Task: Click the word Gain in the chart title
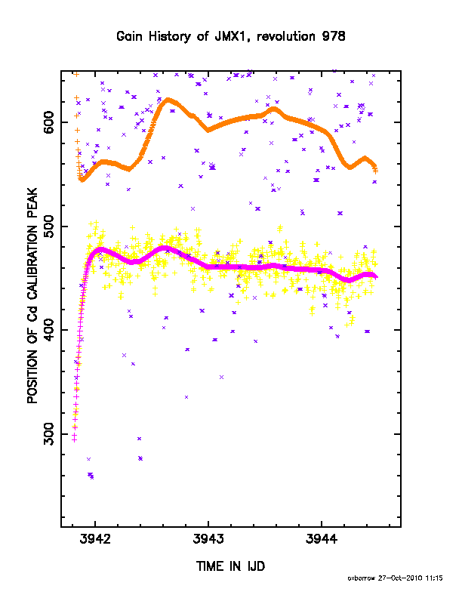click(x=129, y=36)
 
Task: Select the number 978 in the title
click(x=334, y=36)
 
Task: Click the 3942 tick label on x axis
click(x=95, y=539)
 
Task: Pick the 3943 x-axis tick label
click(x=208, y=539)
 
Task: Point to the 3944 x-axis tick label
click(x=322, y=539)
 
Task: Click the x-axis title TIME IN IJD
click(x=230, y=566)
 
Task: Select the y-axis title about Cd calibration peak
click(x=32, y=295)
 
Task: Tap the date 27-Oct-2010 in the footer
click(x=400, y=578)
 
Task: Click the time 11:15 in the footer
click(x=434, y=578)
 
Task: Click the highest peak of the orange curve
click(x=168, y=100)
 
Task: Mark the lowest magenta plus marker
click(x=74, y=439)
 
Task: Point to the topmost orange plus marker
click(x=76, y=74)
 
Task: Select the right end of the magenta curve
click(x=376, y=277)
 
